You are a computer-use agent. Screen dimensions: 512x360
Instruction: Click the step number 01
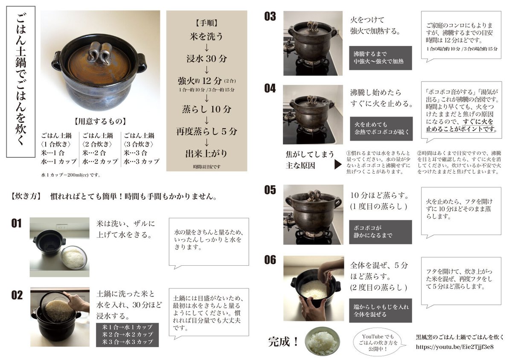[17, 223]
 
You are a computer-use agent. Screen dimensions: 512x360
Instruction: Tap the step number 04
[270, 88]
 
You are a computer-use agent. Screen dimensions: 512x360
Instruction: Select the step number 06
[270, 260]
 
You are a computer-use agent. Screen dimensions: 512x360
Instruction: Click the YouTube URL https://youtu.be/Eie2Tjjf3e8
[454, 347]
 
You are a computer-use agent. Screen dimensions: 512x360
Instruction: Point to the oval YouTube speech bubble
[378, 343]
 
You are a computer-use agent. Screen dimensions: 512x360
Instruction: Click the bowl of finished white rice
[322, 342]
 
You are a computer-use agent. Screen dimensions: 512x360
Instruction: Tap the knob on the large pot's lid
[100, 54]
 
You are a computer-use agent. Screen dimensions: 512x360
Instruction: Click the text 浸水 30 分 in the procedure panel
[207, 59]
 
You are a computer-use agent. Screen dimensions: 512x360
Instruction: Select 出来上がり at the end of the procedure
[206, 154]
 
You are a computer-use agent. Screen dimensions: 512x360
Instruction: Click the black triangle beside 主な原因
[337, 164]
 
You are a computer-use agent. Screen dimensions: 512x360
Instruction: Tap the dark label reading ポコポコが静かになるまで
[380, 232]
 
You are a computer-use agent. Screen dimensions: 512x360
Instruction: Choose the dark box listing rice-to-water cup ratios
[127, 335]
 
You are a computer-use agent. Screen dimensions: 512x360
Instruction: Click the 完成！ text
[283, 342]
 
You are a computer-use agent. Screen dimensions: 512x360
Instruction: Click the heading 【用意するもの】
[100, 121]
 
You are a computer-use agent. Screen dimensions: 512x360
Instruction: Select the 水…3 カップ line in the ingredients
[141, 161]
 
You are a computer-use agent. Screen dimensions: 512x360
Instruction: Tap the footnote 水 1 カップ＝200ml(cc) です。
[71, 175]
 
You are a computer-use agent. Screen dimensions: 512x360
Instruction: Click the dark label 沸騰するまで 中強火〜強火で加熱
[380, 58]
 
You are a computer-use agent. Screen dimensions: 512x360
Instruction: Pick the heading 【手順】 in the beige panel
[207, 23]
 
